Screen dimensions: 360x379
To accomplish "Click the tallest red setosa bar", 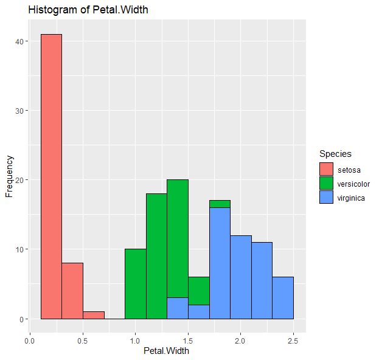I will [x=51, y=176].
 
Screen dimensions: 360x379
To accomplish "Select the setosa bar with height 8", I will [x=72, y=291].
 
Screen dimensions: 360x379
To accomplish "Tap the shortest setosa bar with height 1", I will [x=93, y=315].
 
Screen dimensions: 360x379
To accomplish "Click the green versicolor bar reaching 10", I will [x=135, y=284].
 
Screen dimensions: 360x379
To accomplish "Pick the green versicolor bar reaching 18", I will [x=156, y=256].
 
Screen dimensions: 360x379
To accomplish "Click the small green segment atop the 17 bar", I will [x=220, y=204].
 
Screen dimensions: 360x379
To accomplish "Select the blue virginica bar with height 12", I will [x=240, y=277].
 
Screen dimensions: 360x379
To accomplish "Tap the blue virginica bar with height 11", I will [x=262, y=280].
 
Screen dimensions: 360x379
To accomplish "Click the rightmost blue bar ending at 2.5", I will [x=283, y=297].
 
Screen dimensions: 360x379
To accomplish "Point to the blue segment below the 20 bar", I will [x=178, y=308].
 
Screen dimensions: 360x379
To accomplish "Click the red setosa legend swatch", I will [x=327, y=169].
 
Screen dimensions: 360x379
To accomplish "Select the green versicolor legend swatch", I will [x=327, y=183].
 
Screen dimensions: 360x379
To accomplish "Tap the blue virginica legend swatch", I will [x=327, y=197].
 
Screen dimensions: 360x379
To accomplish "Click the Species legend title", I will [x=335, y=154].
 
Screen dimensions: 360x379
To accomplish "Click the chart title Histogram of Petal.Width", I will [x=88, y=10].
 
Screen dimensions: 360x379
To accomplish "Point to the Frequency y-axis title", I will [x=9, y=176].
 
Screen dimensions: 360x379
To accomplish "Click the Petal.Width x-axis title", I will [x=167, y=351].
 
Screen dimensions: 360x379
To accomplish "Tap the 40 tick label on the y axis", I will [x=19, y=41].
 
